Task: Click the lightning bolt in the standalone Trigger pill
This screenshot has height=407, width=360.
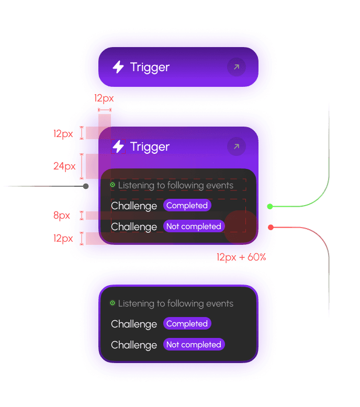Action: [x=118, y=67]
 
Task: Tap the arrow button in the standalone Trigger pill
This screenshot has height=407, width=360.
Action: [x=237, y=67]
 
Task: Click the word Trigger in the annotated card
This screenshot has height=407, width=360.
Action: [x=150, y=146]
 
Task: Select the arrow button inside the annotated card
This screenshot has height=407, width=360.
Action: [x=237, y=146]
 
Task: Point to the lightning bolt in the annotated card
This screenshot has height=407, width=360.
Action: [x=118, y=146]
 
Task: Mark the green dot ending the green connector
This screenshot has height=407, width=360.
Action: [x=270, y=207]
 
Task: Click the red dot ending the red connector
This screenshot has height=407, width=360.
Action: [x=271, y=227]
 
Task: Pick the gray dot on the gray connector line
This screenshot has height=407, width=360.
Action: [x=86, y=186]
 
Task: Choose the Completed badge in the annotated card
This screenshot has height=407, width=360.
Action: [x=187, y=206]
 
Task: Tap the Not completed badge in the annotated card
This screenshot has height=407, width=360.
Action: [x=194, y=227]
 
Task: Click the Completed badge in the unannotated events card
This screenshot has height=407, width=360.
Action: [x=187, y=324]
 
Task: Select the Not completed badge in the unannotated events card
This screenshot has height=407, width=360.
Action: [x=194, y=345]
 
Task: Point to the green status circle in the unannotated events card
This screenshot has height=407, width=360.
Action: [x=113, y=303]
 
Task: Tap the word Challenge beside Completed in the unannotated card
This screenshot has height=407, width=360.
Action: [x=134, y=324]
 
